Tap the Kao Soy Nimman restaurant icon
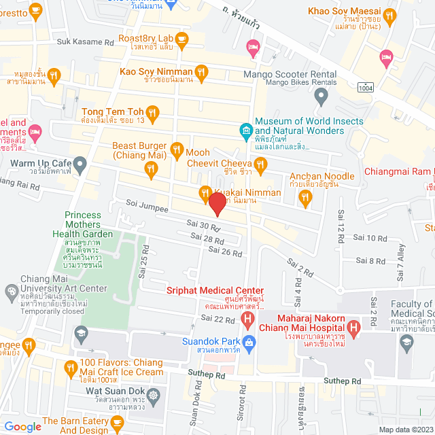coord(201,71)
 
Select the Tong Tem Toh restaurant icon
coord(154,113)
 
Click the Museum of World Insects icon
coord(245,129)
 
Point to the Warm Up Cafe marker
coord(80,164)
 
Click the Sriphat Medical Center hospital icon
coord(249,318)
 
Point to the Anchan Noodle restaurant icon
coord(304,197)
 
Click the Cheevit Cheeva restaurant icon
coord(260,164)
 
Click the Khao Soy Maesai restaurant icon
coord(389,15)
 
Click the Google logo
coord(22,426)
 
